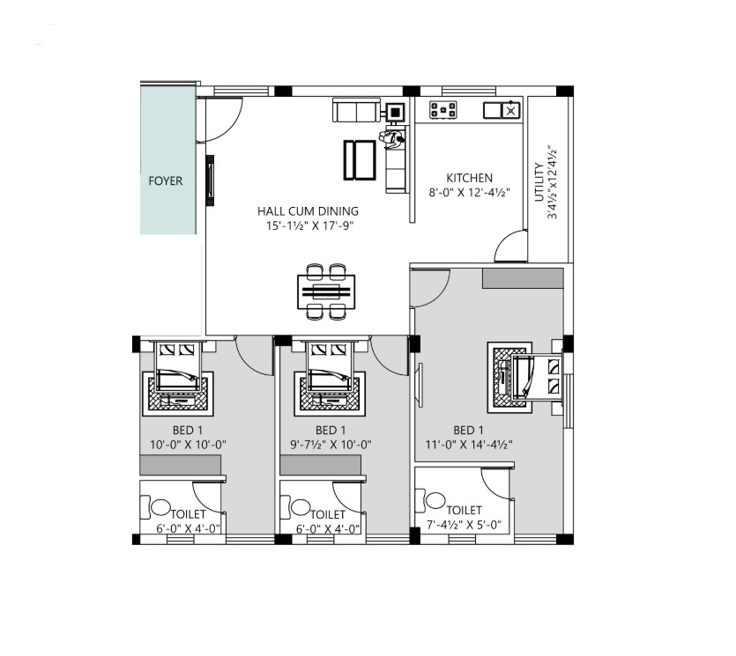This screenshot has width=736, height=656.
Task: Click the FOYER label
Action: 165,181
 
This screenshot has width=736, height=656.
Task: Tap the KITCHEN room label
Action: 470,178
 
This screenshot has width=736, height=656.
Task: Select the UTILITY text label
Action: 539,182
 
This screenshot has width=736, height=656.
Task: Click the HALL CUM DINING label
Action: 308,211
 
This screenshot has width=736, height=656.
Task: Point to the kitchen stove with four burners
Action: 443,110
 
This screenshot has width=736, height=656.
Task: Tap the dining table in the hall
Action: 326,291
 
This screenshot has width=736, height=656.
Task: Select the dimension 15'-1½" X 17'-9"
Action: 309,225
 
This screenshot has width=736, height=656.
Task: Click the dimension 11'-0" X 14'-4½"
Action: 469,445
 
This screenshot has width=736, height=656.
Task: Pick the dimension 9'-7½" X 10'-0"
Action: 331,445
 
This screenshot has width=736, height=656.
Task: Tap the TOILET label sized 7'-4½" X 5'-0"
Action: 464,510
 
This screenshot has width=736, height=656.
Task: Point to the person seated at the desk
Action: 391,138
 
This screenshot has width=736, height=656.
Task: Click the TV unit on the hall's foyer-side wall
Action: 211,181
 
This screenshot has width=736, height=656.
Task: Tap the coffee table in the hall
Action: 360,160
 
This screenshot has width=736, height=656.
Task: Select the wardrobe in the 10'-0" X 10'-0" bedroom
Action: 180,465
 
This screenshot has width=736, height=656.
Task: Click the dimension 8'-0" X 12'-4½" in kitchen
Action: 470,193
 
